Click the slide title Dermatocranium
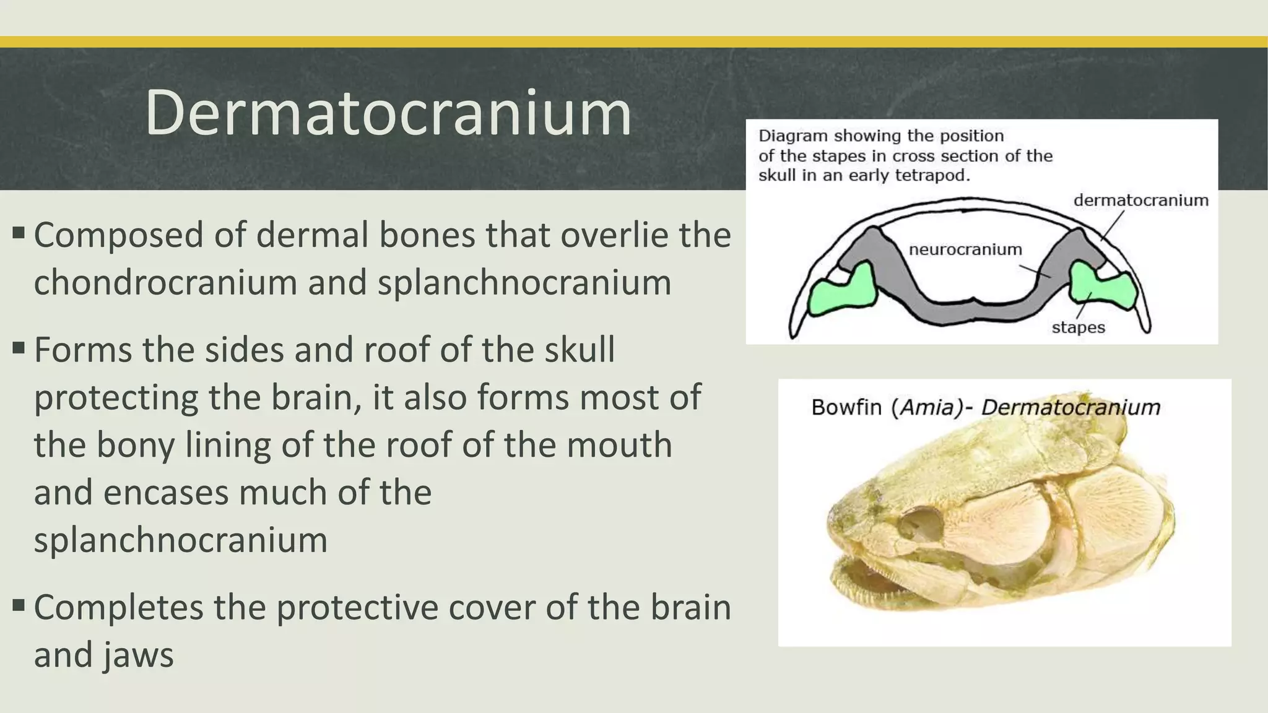coord(388,113)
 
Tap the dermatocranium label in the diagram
coord(1140,201)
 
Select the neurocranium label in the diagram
coord(965,249)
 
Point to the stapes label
coord(1078,327)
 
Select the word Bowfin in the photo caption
coord(846,408)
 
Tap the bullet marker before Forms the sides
coord(19,348)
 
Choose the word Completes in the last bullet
coord(118,608)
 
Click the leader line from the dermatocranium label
coord(1113,226)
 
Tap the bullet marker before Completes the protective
coord(19,605)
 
